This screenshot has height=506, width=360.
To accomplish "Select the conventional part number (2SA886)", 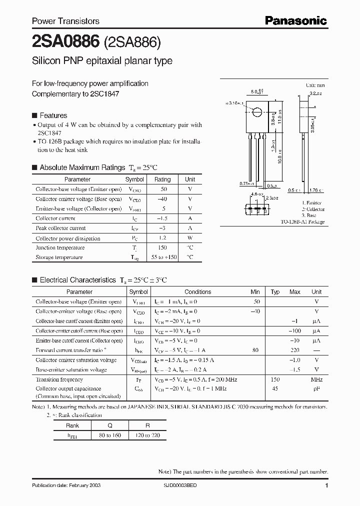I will click(131, 42).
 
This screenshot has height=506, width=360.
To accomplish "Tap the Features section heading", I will click(53, 114).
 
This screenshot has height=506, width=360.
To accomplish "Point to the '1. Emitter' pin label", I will click(312, 203).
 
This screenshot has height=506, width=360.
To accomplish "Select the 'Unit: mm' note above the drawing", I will click(315, 86).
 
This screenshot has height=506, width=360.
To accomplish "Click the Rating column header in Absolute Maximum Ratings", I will click(162, 179).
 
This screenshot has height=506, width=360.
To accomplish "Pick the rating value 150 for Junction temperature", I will click(162, 247).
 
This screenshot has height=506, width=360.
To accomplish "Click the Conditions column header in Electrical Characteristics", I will click(198, 291).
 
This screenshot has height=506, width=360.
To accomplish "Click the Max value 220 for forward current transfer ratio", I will click(294, 350).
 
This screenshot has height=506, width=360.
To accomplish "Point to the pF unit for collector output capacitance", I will click(316, 388).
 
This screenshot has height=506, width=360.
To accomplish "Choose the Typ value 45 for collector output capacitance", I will click(274, 388).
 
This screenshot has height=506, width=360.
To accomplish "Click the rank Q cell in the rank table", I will click(109, 425).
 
